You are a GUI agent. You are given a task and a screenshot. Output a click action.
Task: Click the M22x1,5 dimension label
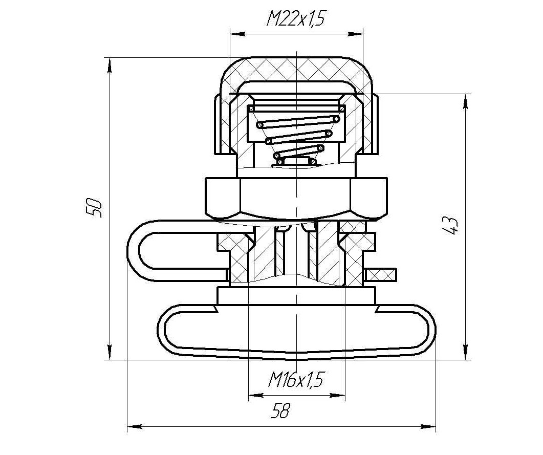pos(296,19)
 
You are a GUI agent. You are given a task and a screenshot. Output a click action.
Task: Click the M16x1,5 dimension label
pos(296,380)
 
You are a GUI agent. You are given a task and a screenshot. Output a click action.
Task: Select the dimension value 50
pos(94,207)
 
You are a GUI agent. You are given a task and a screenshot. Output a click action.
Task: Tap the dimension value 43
pos(450,225)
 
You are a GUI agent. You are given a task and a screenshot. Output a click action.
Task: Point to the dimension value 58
pos(280,410)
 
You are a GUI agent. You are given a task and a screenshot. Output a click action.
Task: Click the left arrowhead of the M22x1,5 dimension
pos(238,34)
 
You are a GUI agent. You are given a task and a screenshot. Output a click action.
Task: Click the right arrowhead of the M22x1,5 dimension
pos(356,34)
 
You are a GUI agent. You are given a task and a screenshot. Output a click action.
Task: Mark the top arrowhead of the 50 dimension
pos(110,65)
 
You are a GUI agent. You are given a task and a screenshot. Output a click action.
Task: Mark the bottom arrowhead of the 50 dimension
pos(110,352)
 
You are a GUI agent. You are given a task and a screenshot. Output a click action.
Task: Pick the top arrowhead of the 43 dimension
pos(466,102)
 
